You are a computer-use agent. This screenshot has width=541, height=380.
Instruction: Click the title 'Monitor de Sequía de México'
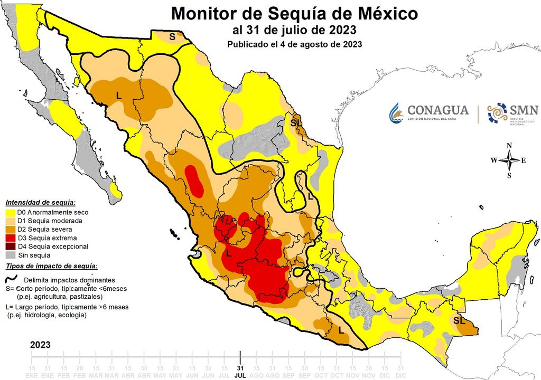pos(294,13)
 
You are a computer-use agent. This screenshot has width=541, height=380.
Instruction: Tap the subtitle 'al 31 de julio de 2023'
pos(294,30)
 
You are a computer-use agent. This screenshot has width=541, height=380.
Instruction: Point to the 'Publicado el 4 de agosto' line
pos(294,44)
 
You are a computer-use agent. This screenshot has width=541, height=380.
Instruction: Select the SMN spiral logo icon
pos(497,112)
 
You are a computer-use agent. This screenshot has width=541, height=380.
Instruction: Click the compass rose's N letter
pos(509,146)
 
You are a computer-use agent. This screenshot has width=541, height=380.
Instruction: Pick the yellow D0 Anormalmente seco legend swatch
pos(10,212)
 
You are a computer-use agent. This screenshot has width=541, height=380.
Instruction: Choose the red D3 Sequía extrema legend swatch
pos(10,238)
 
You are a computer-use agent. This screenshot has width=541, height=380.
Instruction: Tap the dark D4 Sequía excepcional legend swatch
pos(10,246)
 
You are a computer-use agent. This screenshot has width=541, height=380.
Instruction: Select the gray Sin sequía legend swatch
pos(10,255)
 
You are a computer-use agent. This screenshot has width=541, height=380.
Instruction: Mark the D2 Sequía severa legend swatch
pos(10,230)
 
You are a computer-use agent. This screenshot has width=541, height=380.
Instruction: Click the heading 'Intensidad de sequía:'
pos(40,203)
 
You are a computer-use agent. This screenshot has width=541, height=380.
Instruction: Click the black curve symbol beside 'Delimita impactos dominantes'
pos(11,280)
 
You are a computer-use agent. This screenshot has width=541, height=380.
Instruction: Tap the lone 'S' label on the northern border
pos(172,36)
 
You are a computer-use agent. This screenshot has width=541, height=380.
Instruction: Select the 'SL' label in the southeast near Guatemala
pos(459,320)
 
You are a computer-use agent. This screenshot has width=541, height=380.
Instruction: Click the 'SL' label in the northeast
pos(296,123)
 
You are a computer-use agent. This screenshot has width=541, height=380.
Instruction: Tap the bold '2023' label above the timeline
pos(40,345)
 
